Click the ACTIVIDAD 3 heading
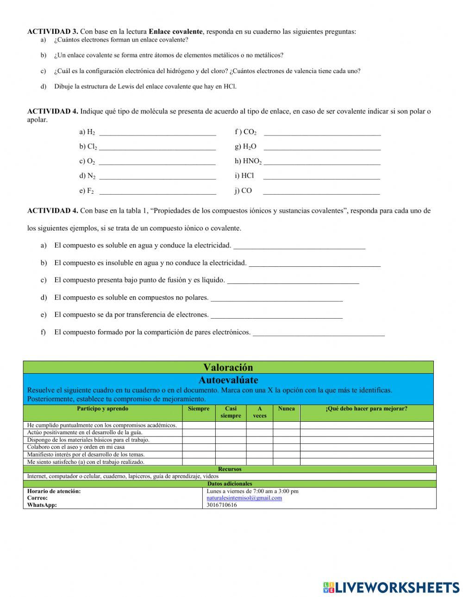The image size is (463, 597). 53,32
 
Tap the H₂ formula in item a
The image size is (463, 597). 91,132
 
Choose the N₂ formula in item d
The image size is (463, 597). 91,176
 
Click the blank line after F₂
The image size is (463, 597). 157,191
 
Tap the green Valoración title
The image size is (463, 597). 228,368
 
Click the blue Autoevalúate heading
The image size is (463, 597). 228,380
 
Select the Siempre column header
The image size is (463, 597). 199,409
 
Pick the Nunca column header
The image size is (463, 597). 286,409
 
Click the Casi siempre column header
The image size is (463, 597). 231,412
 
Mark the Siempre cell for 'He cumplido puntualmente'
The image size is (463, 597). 199,425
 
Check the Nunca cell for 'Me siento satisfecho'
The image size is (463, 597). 286,462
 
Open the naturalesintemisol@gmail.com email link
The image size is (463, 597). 244,498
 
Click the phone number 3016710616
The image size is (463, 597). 222,505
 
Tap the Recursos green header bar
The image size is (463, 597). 230,469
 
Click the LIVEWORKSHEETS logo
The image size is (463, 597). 391,587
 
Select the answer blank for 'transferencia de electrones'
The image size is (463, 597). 276,315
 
